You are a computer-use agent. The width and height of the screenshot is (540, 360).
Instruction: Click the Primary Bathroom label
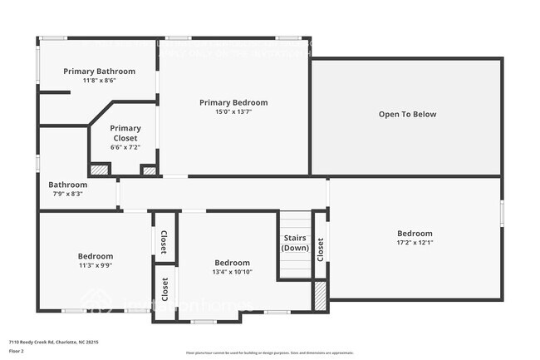(99, 72)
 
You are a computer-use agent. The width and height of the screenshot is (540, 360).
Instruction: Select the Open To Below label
(407, 114)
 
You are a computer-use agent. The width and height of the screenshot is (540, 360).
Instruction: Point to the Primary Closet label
(125, 133)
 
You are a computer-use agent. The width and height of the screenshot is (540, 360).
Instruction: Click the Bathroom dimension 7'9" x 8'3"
(67, 194)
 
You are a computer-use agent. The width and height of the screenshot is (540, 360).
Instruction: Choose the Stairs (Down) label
(295, 243)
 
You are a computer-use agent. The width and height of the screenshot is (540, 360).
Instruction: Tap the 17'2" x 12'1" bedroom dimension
(415, 243)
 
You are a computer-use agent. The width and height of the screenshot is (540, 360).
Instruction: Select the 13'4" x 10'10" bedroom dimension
(233, 272)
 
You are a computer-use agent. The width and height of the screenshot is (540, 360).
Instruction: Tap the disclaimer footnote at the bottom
(270, 353)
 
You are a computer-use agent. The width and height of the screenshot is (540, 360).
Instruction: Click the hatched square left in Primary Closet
(100, 169)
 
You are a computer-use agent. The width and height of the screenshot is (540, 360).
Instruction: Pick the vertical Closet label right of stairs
(320, 248)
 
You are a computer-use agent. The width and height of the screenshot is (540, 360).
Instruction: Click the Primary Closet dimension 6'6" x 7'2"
(125, 147)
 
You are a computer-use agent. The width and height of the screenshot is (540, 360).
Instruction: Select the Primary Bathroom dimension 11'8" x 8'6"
(99, 81)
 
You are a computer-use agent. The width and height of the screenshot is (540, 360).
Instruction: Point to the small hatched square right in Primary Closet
(150, 170)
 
